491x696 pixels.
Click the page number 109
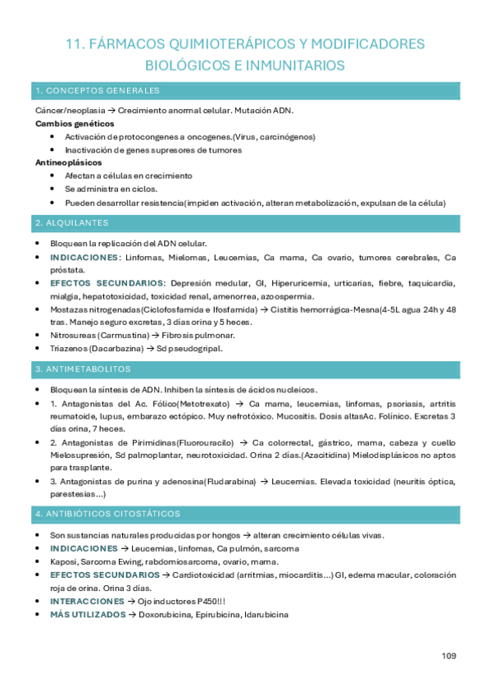click(448, 655)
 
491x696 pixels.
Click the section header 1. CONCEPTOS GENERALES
click(98, 90)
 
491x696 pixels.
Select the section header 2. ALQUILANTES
click(72, 223)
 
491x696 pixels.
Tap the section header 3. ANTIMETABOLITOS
click(83, 369)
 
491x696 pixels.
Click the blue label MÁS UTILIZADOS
click(88, 615)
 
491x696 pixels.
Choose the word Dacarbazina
click(120, 349)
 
